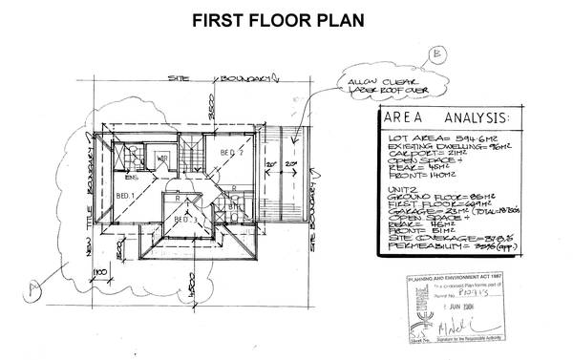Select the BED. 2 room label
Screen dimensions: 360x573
(232, 152)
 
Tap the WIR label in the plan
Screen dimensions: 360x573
(162, 158)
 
